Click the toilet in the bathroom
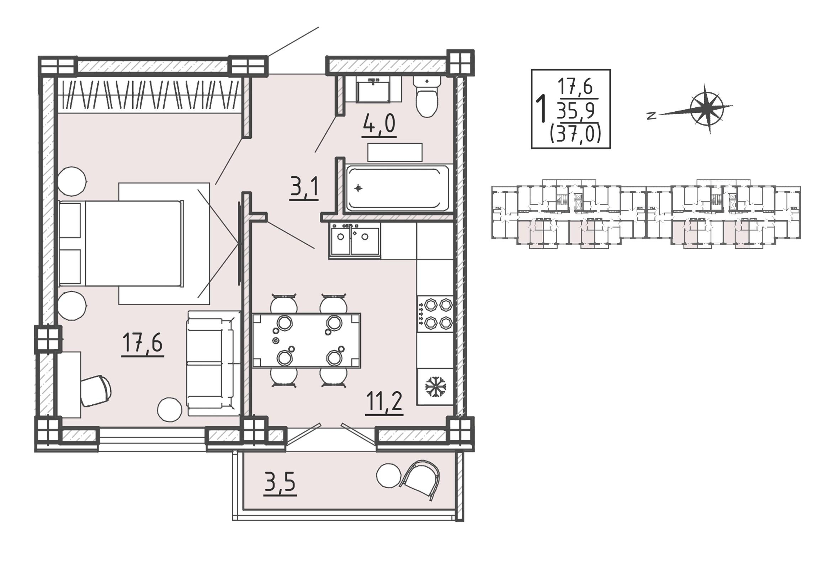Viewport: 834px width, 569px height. [x=427, y=96]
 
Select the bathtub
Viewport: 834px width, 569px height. [x=398, y=188]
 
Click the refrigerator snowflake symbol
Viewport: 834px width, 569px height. [x=435, y=387]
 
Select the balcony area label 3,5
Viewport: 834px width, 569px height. [x=280, y=482]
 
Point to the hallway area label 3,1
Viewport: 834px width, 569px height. [x=304, y=186]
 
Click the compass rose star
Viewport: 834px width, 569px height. [x=707, y=109]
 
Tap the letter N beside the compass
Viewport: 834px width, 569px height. [x=652, y=116]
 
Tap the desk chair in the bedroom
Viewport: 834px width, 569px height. [x=96, y=391]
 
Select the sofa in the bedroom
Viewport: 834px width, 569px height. [x=213, y=363]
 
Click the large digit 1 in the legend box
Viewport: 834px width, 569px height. [x=541, y=108]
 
